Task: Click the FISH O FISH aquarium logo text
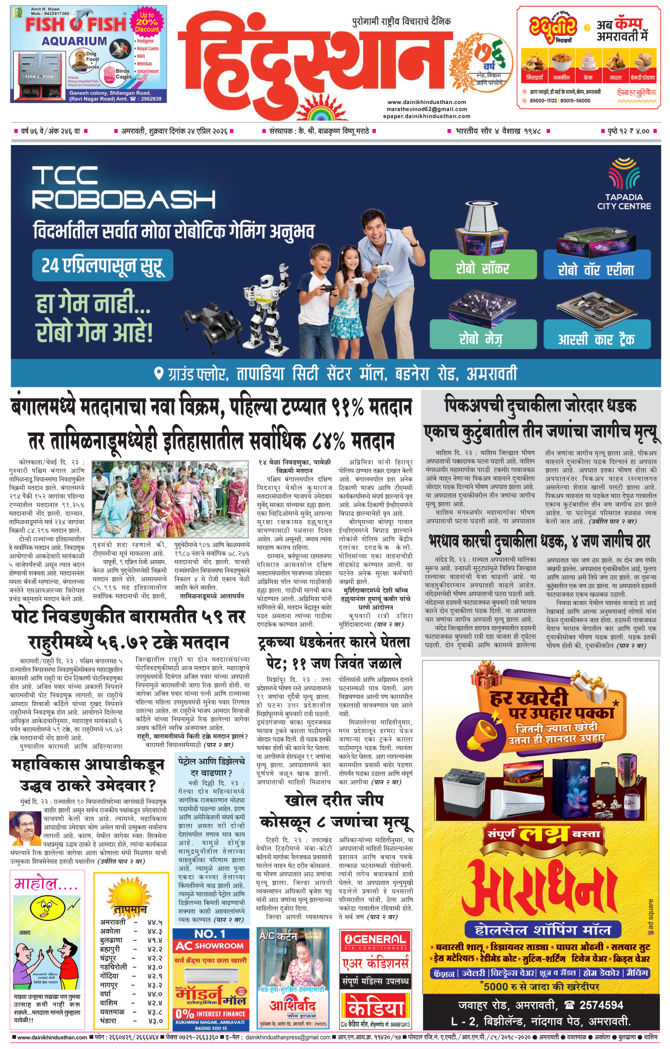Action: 75,24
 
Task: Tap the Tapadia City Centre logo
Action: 623,185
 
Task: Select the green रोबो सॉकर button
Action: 482,268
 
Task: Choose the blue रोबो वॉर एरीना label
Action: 596,270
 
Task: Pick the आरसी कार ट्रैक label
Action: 596,339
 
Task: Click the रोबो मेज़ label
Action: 482,339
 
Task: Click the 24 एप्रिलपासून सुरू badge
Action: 102,265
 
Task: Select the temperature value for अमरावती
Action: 155,922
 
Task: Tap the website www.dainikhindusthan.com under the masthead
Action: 427,102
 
